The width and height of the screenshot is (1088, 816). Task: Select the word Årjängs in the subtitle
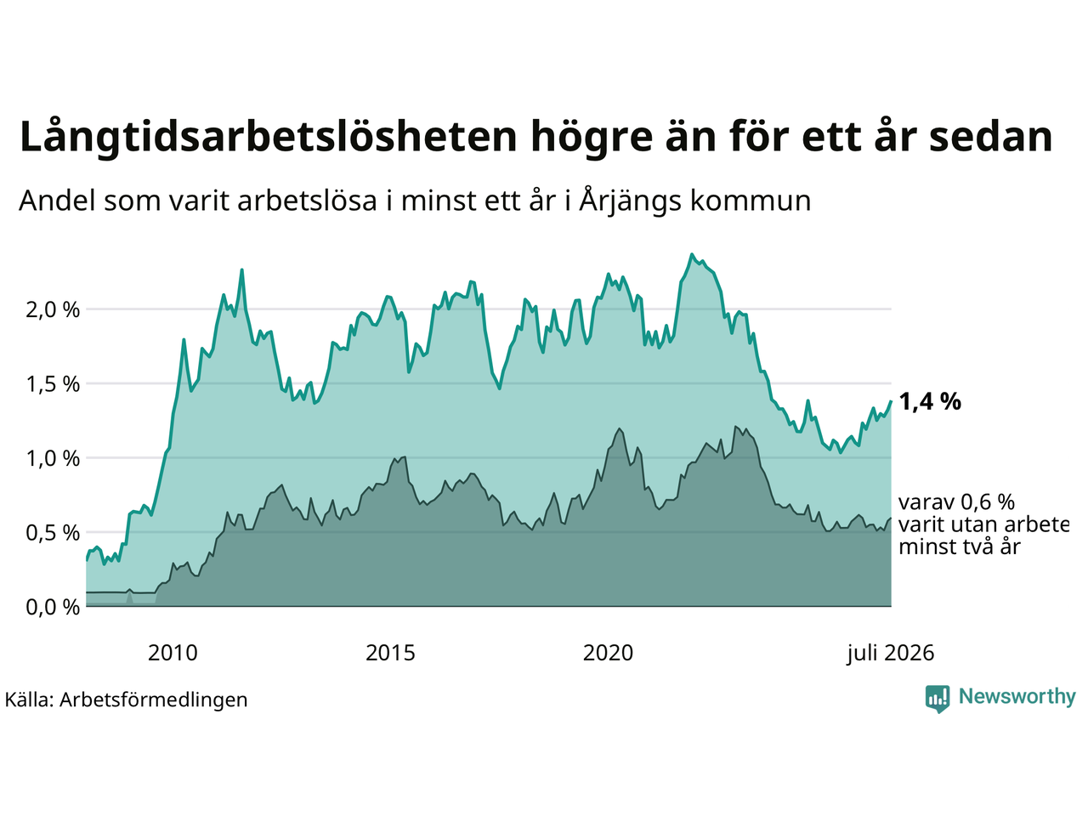630,201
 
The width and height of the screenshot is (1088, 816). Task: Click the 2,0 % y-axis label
53,309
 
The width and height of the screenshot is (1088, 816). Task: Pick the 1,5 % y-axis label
53,384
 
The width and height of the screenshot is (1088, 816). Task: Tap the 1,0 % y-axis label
53,458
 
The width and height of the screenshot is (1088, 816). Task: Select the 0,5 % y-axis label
53,533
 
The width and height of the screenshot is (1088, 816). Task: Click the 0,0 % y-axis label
53,607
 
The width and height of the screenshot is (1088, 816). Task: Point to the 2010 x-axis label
173,653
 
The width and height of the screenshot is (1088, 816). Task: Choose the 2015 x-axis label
390,653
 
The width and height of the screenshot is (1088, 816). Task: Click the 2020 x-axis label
608,653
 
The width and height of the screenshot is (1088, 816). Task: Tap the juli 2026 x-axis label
891,654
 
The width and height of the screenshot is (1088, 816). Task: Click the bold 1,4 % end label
930,401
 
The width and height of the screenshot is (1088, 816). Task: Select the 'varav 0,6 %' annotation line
956,502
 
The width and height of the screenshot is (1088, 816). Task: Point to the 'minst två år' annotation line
960,547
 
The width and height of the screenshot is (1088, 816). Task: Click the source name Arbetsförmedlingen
153,700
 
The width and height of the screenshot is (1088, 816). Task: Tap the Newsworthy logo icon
938,699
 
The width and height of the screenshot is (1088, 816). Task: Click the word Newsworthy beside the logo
1017,697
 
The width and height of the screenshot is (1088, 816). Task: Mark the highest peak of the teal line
692,255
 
